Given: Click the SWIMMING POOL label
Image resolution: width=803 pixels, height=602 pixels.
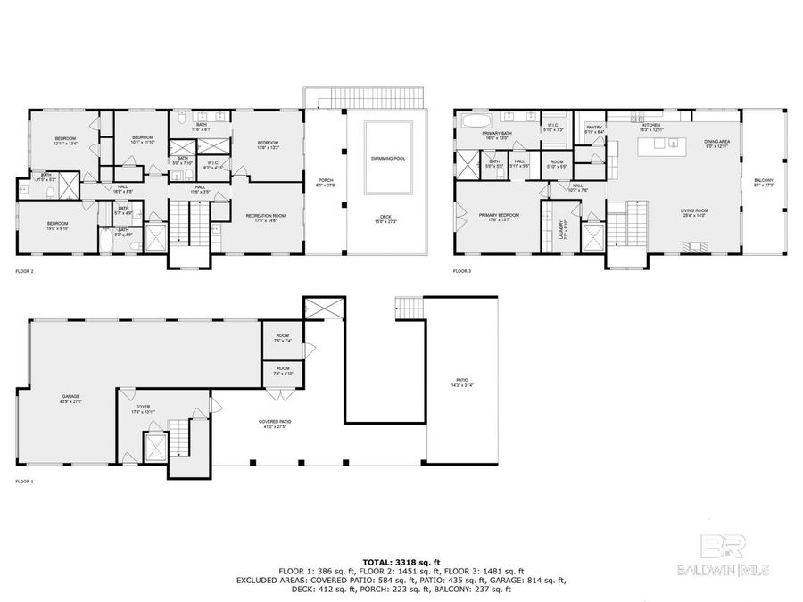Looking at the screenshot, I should [x=388, y=159].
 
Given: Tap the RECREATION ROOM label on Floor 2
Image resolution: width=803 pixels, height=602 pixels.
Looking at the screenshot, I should [x=268, y=218].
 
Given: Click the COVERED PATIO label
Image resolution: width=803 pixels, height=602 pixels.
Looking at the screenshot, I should [x=277, y=423].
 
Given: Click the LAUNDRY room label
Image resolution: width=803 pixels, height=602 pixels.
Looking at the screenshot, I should [x=562, y=225].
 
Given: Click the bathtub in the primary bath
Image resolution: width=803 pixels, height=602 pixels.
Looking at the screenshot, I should [x=475, y=118].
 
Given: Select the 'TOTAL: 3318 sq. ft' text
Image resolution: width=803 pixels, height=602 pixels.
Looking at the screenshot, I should [x=401, y=559].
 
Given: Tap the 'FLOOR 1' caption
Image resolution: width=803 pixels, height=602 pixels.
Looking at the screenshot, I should [x=25, y=481].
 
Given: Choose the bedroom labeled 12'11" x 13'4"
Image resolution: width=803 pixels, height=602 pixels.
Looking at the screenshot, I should [x=65, y=140].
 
